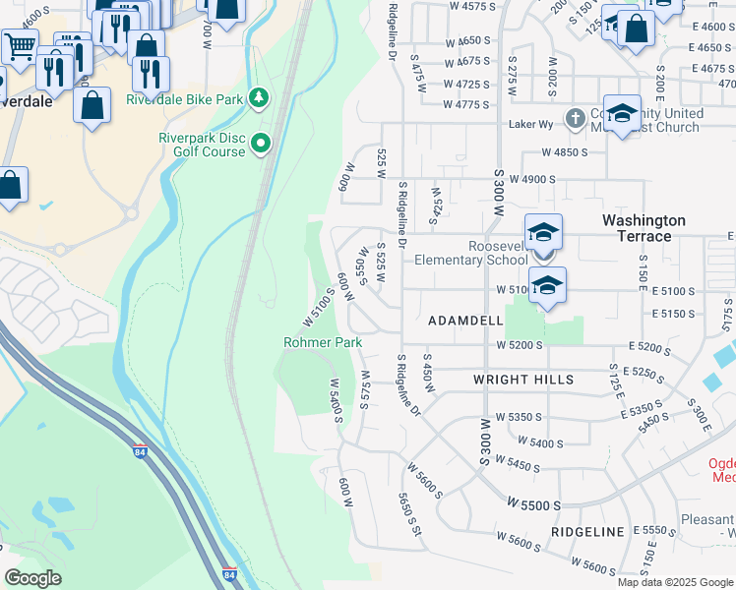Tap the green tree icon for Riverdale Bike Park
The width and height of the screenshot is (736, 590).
coord(259,98)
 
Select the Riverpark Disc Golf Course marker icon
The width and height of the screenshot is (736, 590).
coord(261,144)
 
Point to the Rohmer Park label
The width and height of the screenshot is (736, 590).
coord(323,342)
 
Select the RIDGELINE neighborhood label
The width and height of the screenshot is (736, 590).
coord(588,532)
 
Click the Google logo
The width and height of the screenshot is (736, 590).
coord(32,578)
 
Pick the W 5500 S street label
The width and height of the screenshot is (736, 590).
coord(534,502)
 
